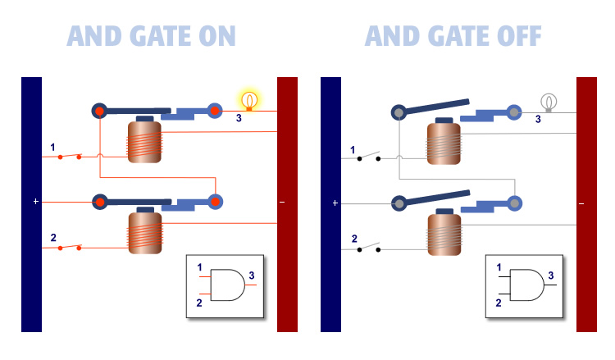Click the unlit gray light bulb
click(549, 102)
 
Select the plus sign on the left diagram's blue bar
click(36, 201)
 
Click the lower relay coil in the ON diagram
click(144, 233)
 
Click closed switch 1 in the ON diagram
click(69, 156)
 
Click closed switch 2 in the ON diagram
click(69, 247)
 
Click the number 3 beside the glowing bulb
click(239, 119)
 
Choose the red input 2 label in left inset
click(199, 303)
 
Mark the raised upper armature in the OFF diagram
click(434, 107)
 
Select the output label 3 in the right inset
click(551, 275)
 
